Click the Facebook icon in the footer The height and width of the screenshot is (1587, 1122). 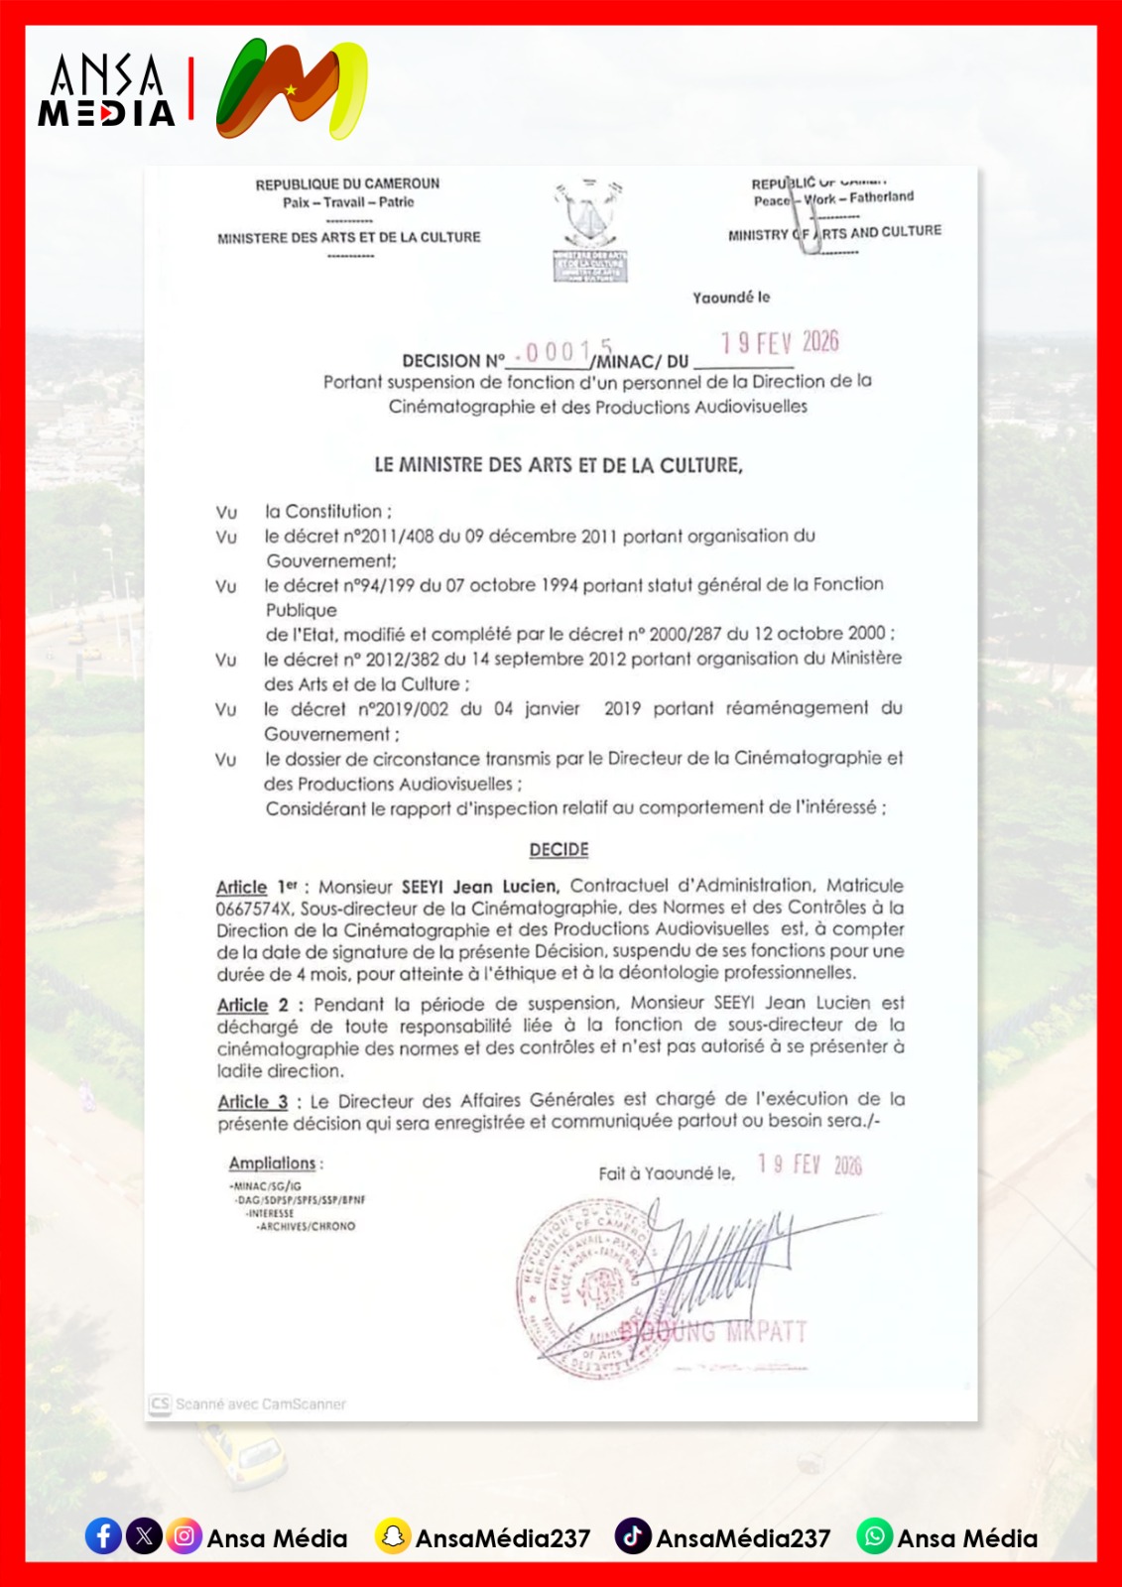click(103, 1536)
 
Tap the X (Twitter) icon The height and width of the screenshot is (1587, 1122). click(144, 1536)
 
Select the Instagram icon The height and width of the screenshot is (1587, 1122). click(184, 1536)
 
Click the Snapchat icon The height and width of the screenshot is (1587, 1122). click(393, 1536)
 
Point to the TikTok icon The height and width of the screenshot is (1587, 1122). click(633, 1536)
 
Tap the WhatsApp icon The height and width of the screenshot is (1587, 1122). click(874, 1536)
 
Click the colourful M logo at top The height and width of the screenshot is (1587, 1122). click(292, 89)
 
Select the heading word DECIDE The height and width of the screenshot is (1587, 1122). click(559, 850)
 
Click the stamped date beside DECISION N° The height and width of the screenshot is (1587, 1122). click(780, 343)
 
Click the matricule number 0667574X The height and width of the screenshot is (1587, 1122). click(254, 909)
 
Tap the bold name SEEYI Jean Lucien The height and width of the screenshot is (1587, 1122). click(480, 887)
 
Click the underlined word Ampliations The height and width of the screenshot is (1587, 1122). click(272, 1162)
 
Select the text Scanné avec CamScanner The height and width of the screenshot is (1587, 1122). click(260, 1404)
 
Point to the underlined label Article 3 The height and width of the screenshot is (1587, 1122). click(252, 1102)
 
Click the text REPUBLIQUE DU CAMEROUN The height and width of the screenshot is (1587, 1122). click(347, 184)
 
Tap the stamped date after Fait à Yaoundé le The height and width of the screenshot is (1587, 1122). click(810, 1164)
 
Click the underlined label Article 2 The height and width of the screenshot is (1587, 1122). click(252, 1005)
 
